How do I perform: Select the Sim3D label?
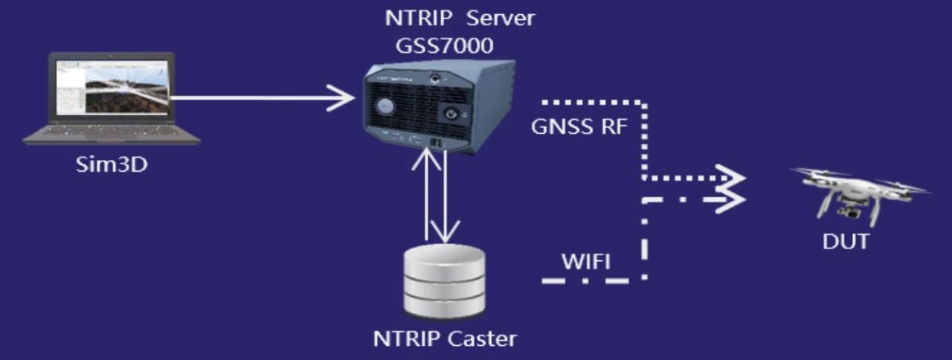pos(112,164)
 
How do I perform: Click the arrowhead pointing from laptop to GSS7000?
pos(343,97)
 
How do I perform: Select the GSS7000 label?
pos(445,46)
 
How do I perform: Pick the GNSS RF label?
pos(579,127)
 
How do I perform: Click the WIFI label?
pos(586,261)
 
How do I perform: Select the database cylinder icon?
pos(444,282)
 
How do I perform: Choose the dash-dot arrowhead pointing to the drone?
pos(732,200)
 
